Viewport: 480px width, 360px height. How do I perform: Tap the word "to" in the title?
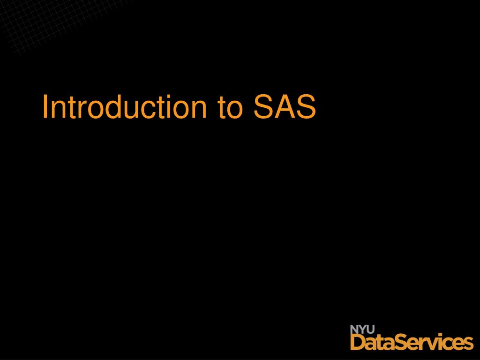tap(230, 107)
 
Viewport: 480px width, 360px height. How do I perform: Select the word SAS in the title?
tap(285, 106)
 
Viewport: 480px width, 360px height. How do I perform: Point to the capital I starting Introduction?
tap(45, 106)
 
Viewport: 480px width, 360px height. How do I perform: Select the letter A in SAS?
tap(285, 106)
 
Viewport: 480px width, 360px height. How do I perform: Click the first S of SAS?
tap(263, 106)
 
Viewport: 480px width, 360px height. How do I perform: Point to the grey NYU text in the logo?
tap(362, 330)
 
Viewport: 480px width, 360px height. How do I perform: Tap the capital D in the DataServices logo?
tap(357, 342)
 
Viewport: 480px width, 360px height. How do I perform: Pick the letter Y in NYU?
tap(362, 330)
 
